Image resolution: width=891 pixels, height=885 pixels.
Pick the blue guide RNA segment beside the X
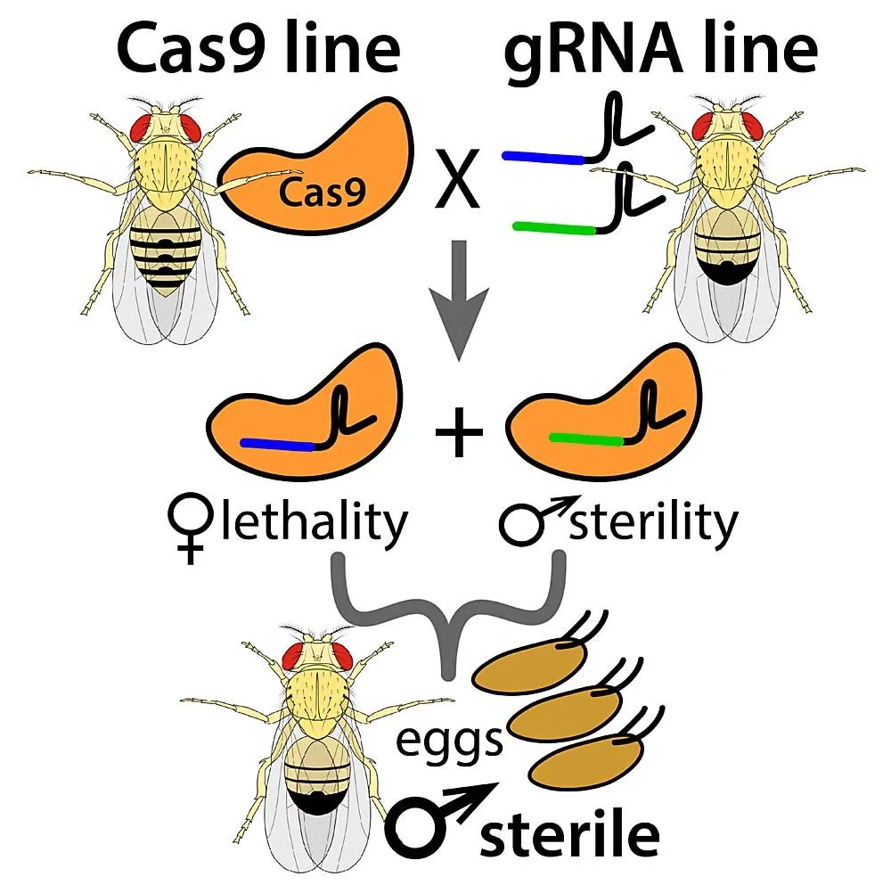(x=543, y=159)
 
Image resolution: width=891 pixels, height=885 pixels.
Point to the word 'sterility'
(x=654, y=523)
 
